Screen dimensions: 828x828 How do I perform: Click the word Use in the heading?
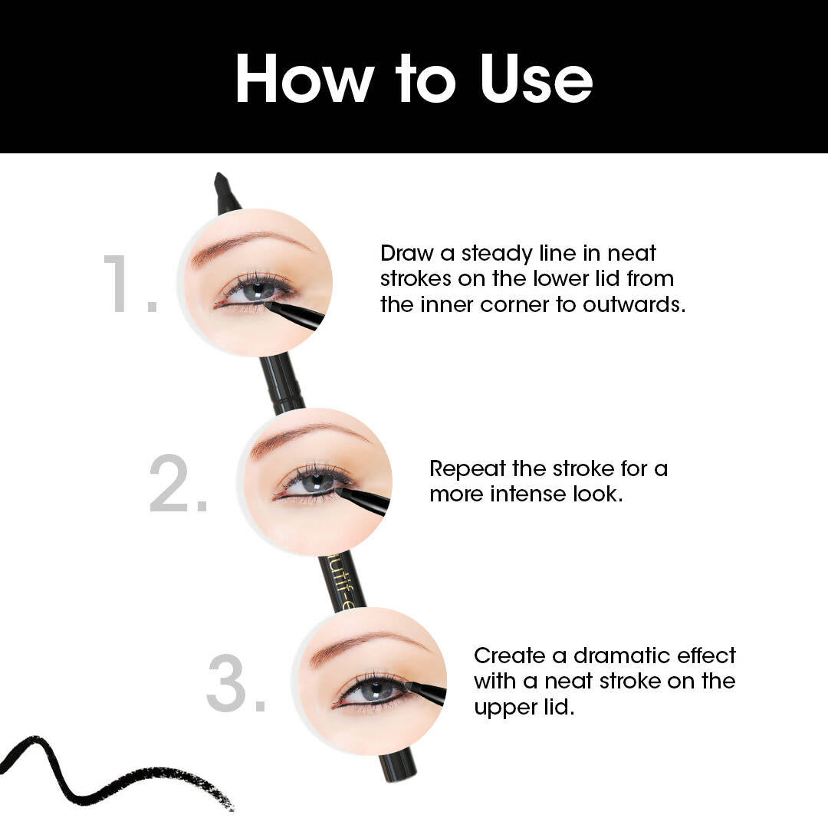point(537,78)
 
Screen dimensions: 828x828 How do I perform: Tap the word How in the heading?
point(304,78)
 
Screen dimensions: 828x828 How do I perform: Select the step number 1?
point(130,284)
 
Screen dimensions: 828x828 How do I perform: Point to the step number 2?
point(179,483)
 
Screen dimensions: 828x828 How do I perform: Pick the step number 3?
point(236,683)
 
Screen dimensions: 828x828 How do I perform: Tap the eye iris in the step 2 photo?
point(315,481)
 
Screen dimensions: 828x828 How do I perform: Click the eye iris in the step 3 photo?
point(375,688)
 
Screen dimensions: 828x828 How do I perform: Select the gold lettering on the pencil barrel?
point(339,581)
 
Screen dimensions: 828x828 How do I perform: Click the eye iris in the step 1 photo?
point(257,290)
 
